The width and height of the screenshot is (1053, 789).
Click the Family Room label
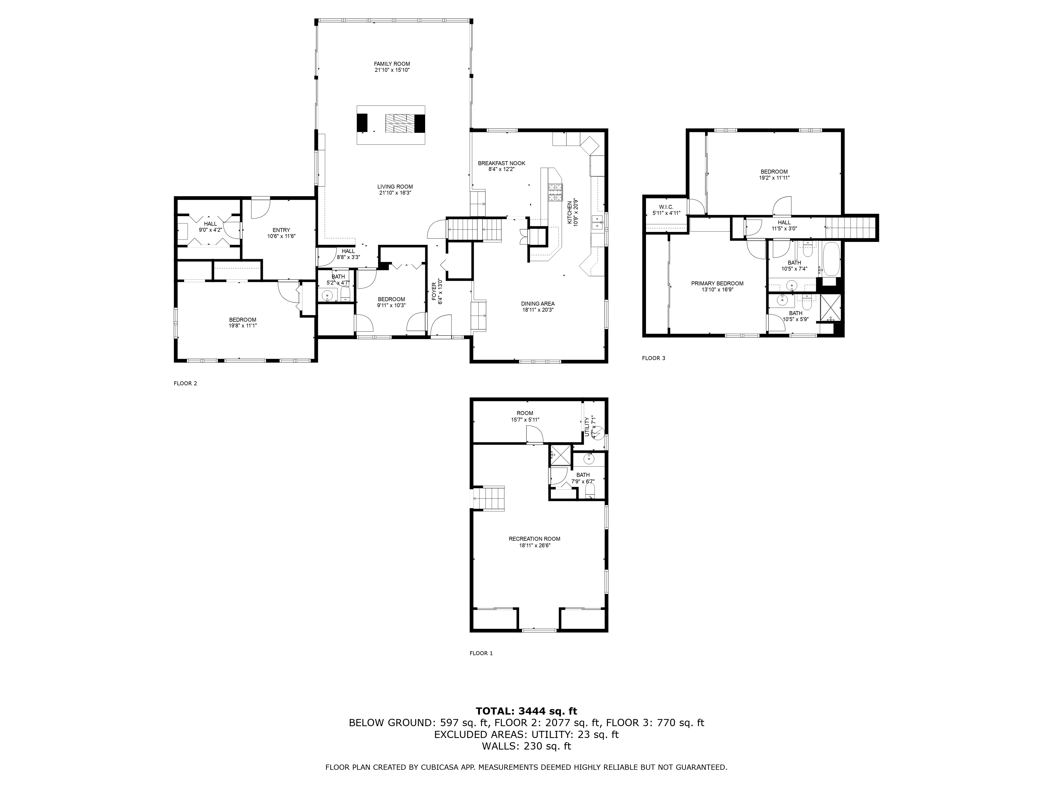392,64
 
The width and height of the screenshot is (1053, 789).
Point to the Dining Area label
538,304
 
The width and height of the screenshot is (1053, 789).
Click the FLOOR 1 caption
481,653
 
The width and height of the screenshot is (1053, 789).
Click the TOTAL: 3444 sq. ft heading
526,711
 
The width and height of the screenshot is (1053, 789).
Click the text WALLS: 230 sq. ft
526,746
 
